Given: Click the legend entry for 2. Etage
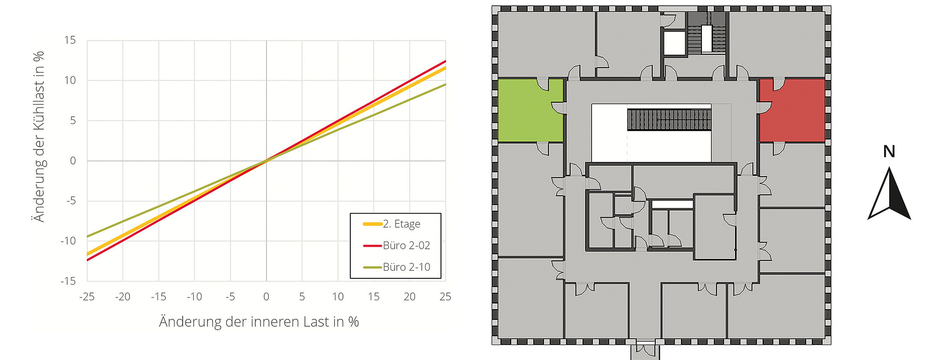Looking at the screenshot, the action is point(391,224).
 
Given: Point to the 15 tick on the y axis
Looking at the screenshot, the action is point(70,40).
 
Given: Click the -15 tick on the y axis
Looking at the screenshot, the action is point(68,281).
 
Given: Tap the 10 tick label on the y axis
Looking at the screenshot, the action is point(70,80).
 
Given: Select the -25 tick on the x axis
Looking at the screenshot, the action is point(87,297).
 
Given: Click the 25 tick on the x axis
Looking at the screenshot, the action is point(445,297).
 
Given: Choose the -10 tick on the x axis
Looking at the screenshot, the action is point(194,297).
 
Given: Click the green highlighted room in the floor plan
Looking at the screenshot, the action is point(530,110).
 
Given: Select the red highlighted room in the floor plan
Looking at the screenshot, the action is point(792,110).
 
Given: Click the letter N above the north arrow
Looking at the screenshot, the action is point(889,151).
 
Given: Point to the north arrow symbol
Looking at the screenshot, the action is point(889,194).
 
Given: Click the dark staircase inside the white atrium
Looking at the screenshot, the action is point(669,119).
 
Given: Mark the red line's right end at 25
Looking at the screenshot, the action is point(446,61).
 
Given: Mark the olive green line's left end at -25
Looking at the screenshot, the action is point(87,236).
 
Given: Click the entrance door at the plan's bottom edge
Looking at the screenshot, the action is point(645,350).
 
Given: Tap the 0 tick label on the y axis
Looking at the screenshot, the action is point(73,161).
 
